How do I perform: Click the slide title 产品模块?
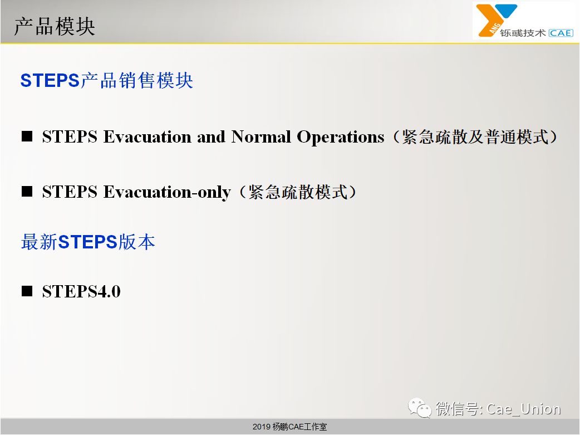point(55,27)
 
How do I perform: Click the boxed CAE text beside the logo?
point(561,33)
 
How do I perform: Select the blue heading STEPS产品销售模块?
point(106,80)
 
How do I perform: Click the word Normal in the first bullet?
point(261,136)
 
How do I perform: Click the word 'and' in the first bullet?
point(211,136)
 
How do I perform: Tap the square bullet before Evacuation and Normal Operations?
point(27,136)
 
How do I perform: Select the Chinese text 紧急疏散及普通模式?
point(475,136)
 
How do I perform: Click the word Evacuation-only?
point(167,192)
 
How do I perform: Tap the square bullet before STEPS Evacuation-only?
point(27,192)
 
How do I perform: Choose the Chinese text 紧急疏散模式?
point(298,192)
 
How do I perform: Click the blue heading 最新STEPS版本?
point(88,242)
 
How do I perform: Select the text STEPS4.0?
point(81,291)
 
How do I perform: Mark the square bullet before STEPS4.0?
point(27,291)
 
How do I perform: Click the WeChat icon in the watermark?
point(420,408)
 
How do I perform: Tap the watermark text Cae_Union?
point(524,409)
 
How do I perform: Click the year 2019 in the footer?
point(262,427)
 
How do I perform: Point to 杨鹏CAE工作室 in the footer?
point(299,427)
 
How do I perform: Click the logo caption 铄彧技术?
point(523,33)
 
